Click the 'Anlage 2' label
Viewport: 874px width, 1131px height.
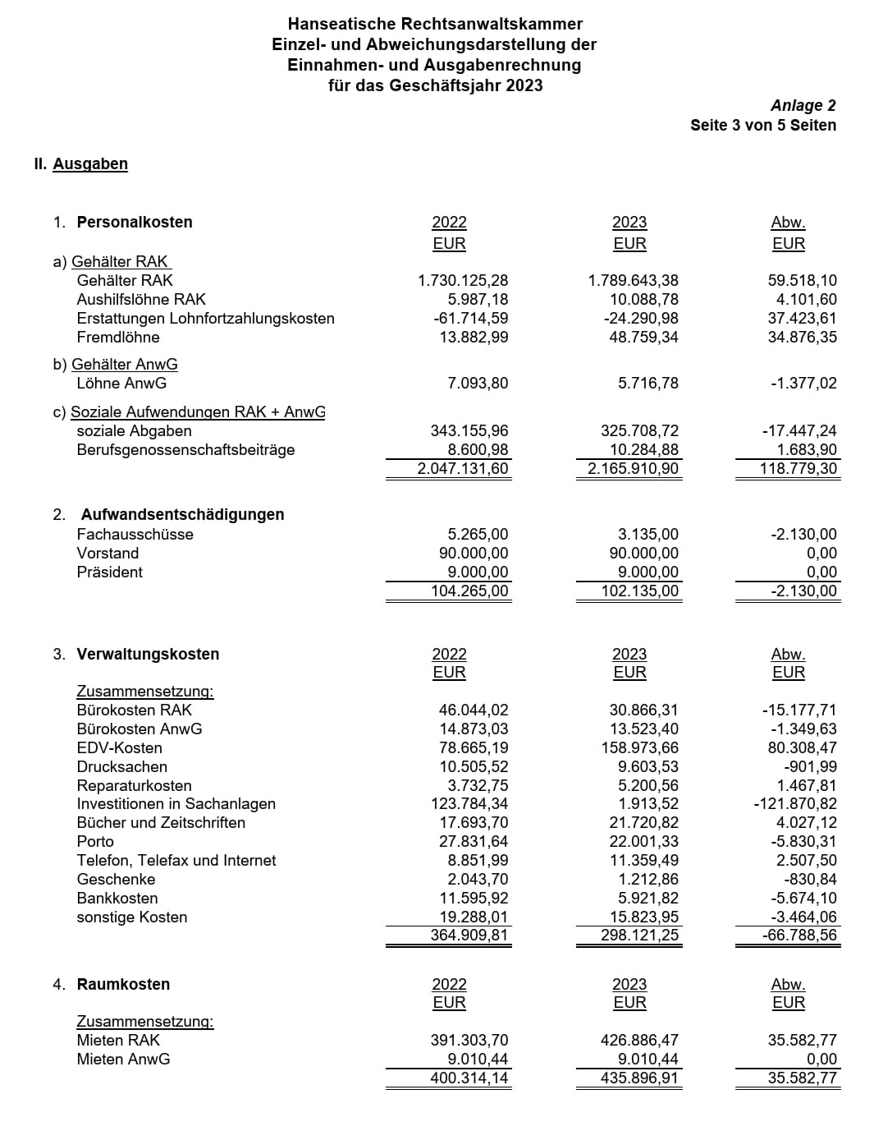803,105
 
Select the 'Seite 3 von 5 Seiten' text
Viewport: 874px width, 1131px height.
762,125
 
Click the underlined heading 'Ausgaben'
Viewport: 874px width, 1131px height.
90,163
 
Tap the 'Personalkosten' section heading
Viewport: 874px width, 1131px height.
135,222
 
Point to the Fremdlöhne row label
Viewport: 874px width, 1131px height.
118,337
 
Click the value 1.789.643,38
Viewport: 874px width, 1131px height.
633,280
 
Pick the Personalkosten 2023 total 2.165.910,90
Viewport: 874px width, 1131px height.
633,468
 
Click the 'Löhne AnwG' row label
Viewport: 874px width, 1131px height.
121,383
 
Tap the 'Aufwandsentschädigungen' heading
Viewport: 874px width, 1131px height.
182,514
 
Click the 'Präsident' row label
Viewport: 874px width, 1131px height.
110,572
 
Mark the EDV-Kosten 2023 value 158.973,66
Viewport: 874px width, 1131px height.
639,747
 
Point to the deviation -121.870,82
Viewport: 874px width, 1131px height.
794,803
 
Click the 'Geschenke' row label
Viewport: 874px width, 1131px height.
116,879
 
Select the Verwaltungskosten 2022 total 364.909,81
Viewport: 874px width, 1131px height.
469,935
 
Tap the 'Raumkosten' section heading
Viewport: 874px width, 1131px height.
123,984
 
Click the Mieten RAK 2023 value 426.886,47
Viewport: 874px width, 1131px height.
639,1040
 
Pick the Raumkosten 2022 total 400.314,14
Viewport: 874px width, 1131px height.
469,1078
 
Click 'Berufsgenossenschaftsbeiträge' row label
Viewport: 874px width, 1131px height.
185,449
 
